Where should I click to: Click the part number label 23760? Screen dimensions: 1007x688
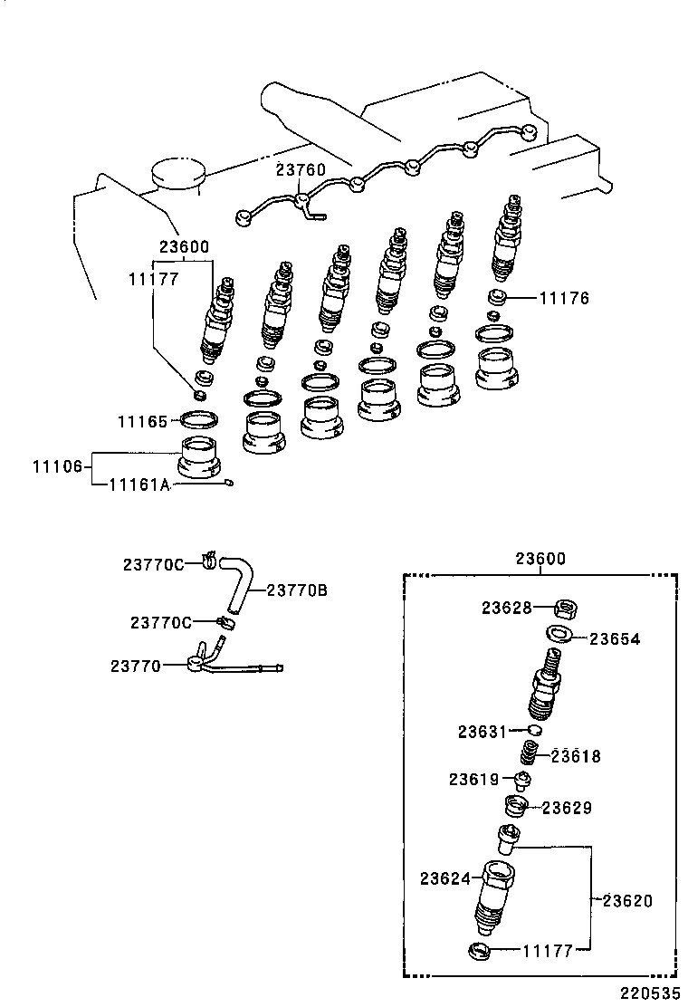point(301,170)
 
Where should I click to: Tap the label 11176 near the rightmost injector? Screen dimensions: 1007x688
point(564,297)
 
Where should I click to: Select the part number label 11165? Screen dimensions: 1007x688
point(142,421)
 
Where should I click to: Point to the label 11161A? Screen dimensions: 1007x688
point(139,485)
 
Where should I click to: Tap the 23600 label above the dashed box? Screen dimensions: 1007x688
point(540,559)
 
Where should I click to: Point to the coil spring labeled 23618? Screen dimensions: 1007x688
point(530,753)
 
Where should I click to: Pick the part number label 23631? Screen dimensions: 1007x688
point(483,731)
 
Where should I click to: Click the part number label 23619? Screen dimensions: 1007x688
point(474,779)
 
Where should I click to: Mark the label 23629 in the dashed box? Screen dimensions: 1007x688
point(567,807)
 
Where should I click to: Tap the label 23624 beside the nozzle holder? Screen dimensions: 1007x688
point(444,878)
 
